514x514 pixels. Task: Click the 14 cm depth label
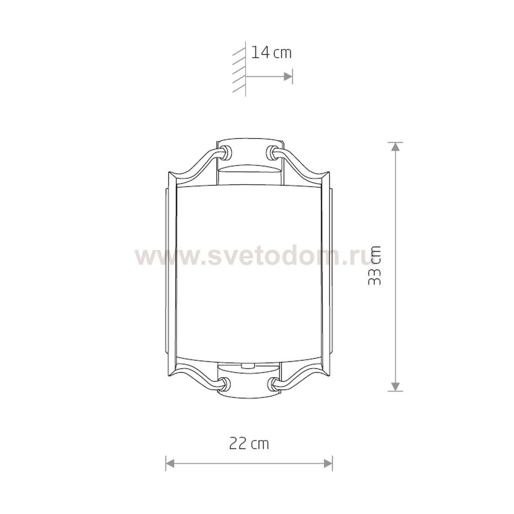(x=271, y=53)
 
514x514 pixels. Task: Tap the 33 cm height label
(x=374, y=265)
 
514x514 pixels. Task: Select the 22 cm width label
(x=249, y=444)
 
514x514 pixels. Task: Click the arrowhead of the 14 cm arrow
(x=288, y=77)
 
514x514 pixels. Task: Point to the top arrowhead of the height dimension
(x=396, y=146)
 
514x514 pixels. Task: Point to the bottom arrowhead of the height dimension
(x=396, y=387)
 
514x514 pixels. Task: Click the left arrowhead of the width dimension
(x=170, y=463)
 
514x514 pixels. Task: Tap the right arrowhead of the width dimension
(x=328, y=463)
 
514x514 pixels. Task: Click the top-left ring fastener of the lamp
(x=226, y=153)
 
